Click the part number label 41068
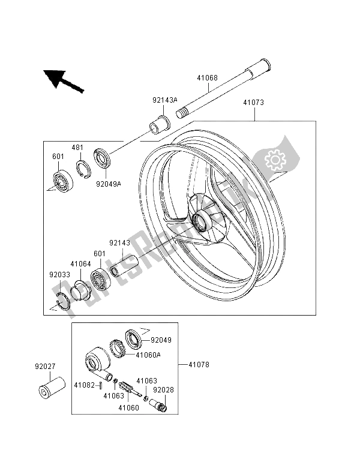[x=208, y=78]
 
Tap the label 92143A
[x=165, y=100]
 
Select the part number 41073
[x=254, y=103]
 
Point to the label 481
[x=77, y=148]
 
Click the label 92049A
[x=109, y=184]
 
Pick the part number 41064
[x=80, y=264]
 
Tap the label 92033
[x=60, y=275]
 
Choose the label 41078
[x=199, y=365]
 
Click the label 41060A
[x=148, y=355]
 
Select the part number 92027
[x=45, y=367]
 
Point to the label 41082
[x=85, y=385]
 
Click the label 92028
[x=163, y=390]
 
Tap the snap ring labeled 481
[x=83, y=169]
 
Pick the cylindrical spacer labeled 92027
[x=52, y=388]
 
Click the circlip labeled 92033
[x=63, y=301]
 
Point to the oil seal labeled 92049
[x=133, y=339]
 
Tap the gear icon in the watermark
[x=275, y=160]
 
